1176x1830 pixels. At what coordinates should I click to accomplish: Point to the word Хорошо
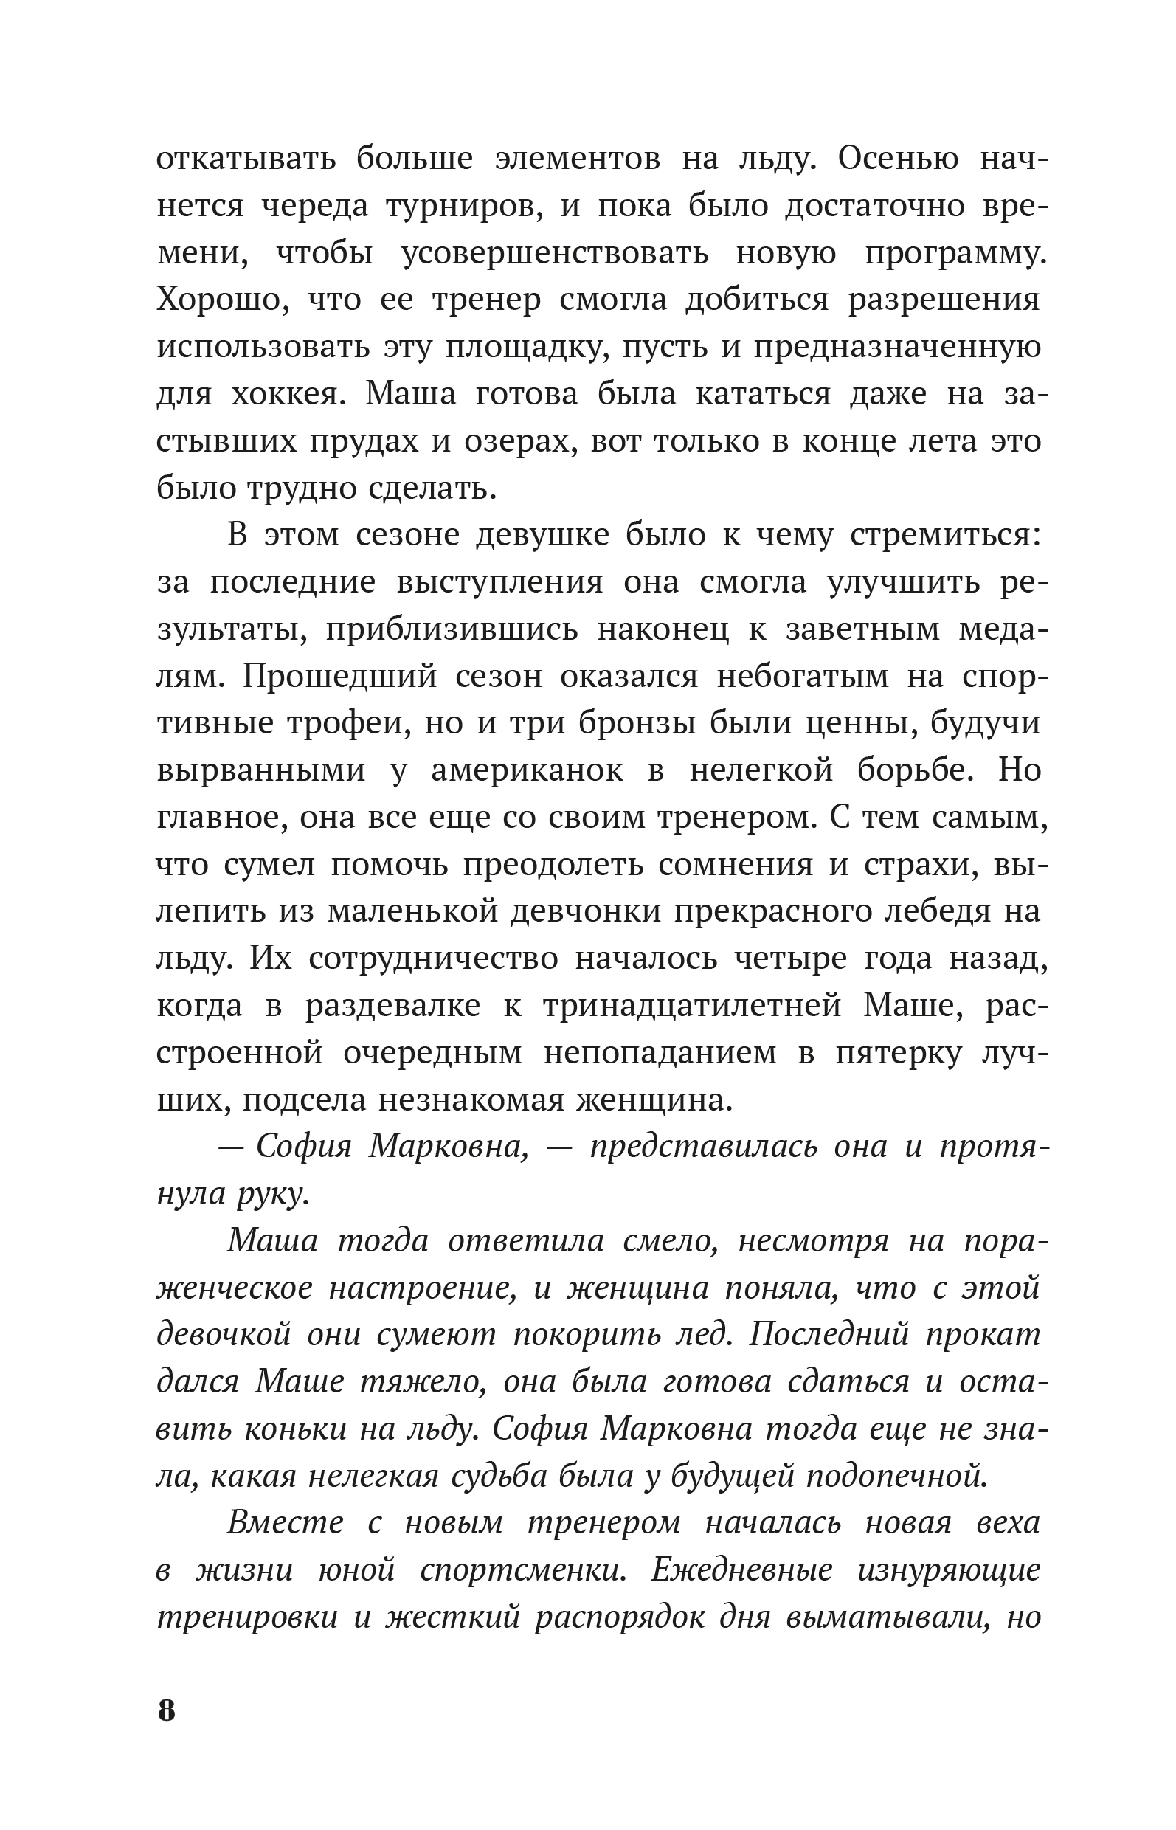(x=219, y=300)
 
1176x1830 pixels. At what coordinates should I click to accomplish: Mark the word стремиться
(x=944, y=536)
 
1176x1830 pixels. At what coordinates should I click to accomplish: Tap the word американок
(x=527, y=770)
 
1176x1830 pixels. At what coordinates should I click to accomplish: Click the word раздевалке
(x=392, y=1006)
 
